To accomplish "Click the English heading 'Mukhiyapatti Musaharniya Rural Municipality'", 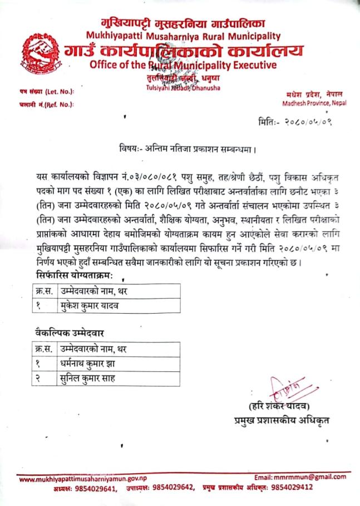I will pos(183,37).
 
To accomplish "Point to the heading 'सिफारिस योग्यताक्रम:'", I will pos(75,276).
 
